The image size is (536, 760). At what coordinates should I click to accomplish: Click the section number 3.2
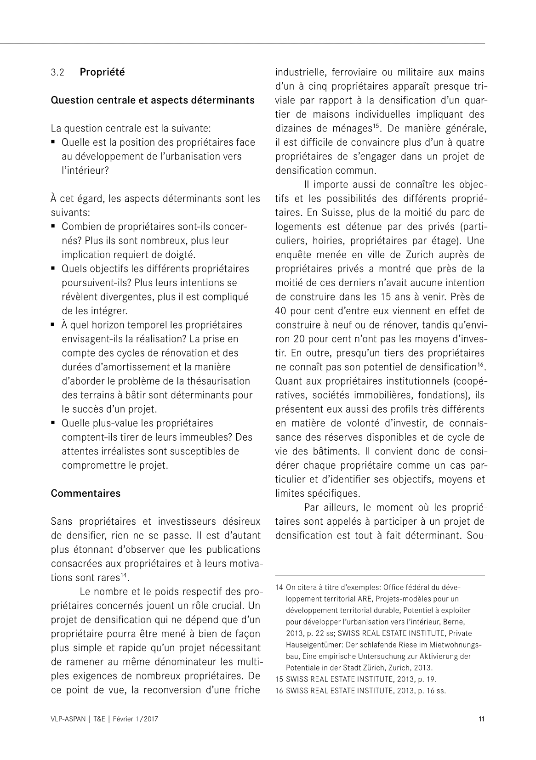57,73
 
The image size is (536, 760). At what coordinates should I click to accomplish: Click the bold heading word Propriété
102,72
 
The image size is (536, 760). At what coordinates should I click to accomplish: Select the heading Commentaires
86,493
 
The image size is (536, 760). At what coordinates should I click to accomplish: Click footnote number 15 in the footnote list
279,679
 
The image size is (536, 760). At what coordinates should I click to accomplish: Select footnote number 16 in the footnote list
279,691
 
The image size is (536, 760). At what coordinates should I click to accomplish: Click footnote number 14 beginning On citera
279,587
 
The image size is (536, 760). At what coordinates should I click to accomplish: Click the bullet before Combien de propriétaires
53,227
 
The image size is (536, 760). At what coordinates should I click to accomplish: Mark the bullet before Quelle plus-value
53,423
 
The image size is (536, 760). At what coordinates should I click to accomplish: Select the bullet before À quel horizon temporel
53,325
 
